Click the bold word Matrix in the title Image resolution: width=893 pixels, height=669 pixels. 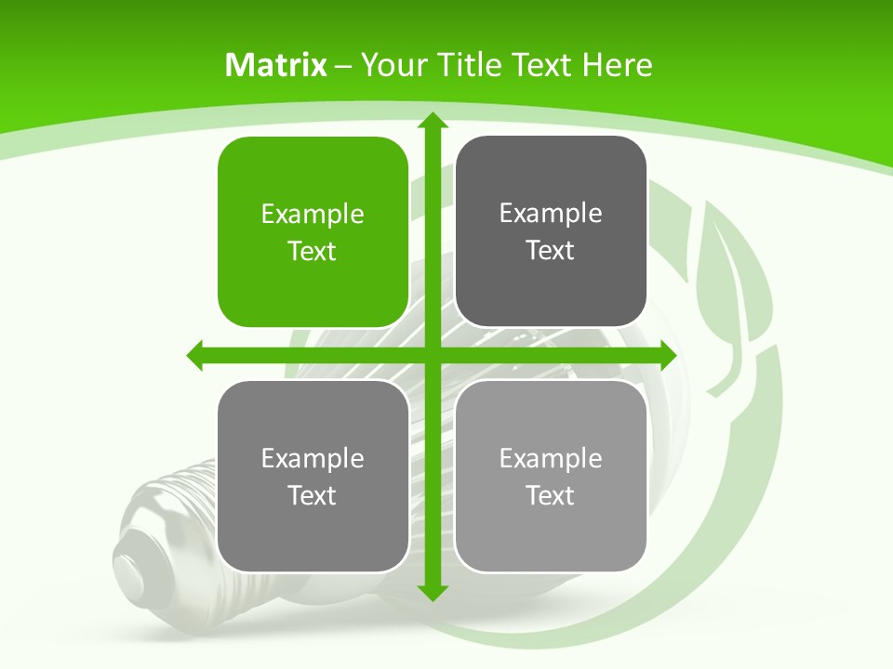click(x=276, y=65)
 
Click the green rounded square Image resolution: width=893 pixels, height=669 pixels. click(x=313, y=232)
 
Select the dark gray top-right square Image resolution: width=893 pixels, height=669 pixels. click(x=551, y=232)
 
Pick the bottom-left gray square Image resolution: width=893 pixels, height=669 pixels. click(x=313, y=476)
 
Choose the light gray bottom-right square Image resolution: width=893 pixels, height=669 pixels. click(x=551, y=476)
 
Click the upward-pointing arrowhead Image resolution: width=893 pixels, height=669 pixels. click(x=432, y=122)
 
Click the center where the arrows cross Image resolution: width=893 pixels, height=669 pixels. click(x=432, y=355)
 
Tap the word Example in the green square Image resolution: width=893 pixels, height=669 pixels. click(x=313, y=215)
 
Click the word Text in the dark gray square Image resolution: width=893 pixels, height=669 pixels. click(x=551, y=251)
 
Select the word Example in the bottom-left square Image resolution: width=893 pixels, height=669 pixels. click(x=313, y=458)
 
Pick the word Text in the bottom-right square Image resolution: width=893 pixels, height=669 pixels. click(x=551, y=495)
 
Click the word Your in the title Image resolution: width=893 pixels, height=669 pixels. click(x=392, y=65)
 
